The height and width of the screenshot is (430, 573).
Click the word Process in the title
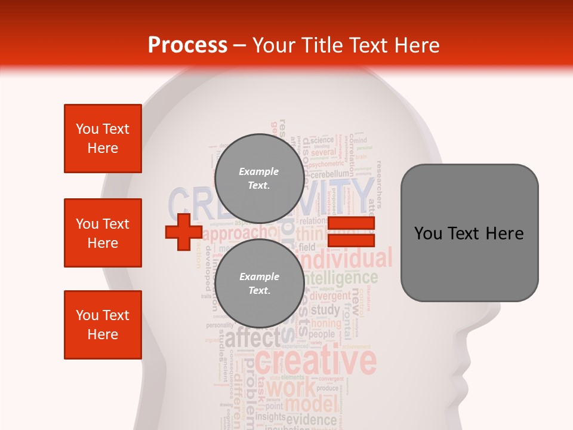[x=187, y=45]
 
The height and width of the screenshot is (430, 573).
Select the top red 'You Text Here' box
[x=103, y=139]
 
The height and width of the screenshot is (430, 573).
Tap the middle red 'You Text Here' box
[x=103, y=233]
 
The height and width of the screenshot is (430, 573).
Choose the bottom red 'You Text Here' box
[x=103, y=325]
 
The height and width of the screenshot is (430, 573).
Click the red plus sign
[x=183, y=232]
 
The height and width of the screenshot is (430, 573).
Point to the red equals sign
[x=351, y=232]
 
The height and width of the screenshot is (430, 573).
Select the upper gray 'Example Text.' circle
[x=259, y=178]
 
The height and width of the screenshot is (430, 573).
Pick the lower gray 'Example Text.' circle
[x=259, y=283]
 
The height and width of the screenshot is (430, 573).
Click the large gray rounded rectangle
[x=469, y=233]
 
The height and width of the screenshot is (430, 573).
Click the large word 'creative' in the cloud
[x=316, y=361]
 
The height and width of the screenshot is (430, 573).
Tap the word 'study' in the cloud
[x=325, y=310]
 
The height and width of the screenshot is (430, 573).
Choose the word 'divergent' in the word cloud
[x=330, y=296]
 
